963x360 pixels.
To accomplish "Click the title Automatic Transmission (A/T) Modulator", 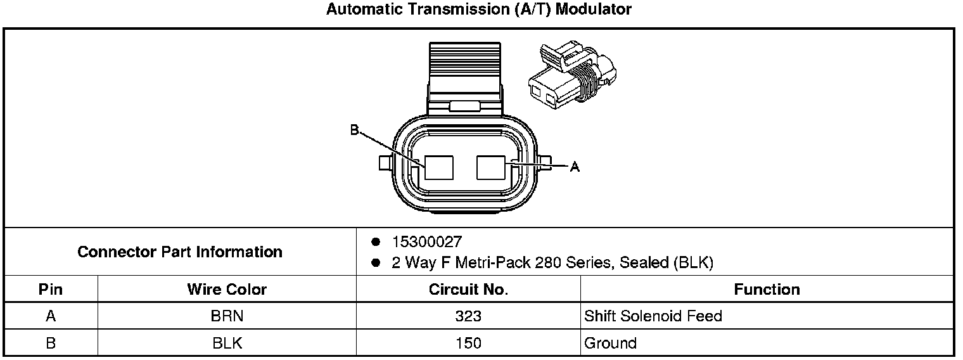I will click(x=479, y=10).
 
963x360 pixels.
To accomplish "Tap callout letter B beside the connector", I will click(x=354, y=131).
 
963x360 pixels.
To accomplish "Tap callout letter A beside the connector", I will click(x=575, y=167).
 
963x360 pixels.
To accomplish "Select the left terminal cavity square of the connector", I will click(x=439, y=167).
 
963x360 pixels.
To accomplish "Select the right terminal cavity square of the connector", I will click(x=490, y=167).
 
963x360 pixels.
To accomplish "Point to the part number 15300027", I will click(x=426, y=242).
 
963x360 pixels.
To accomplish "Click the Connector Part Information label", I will click(x=180, y=252).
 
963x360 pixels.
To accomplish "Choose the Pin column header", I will click(x=51, y=290).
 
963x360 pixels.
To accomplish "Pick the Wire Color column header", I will click(x=227, y=290).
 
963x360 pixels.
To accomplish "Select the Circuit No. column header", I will click(x=468, y=290).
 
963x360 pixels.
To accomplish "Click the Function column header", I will click(x=767, y=290).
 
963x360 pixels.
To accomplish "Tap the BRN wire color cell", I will click(x=227, y=316).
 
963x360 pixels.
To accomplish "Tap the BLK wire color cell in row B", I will click(x=227, y=344).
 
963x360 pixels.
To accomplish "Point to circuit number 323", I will click(x=468, y=316).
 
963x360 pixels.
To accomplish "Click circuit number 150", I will click(x=468, y=344).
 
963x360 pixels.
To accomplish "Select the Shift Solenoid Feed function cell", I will click(x=653, y=316).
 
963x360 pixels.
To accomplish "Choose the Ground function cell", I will click(x=610, y=344).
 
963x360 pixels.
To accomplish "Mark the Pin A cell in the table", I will click(x=51, y=316).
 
